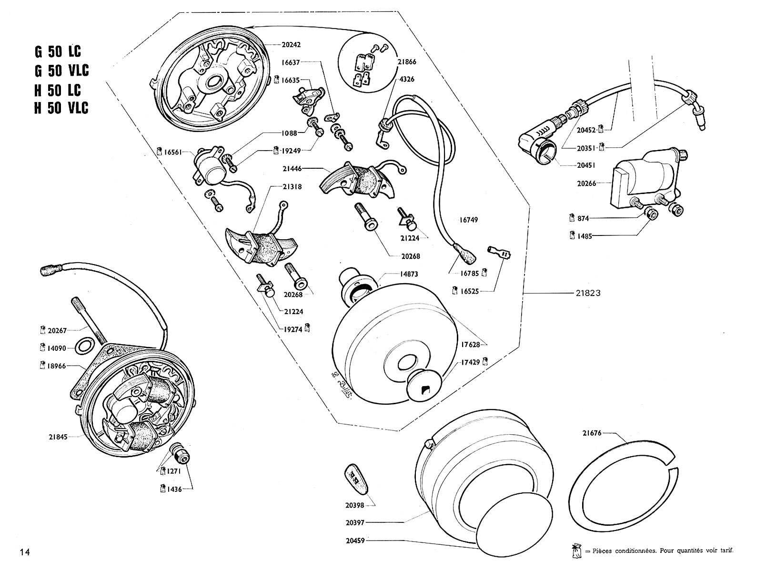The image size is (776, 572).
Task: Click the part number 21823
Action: [x=587, y=293]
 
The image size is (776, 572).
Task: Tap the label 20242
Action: [x=292, y=44]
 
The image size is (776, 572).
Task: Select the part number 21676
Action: [x=592, y=433]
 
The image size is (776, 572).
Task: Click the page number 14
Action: [x=25, y=552]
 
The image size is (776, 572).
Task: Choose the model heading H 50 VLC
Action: [x=61, y=108]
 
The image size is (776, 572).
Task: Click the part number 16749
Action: [x=469, y=220]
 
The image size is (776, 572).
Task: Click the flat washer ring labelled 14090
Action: [x=85, y=346]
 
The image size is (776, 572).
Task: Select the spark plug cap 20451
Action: [x=538, y=143]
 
